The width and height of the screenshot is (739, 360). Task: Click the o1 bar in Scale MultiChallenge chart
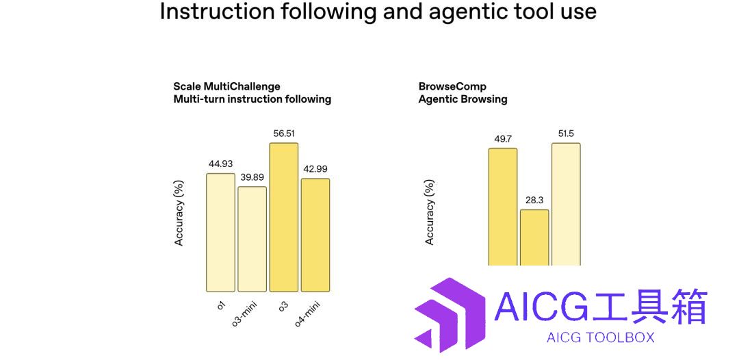click(220, 232)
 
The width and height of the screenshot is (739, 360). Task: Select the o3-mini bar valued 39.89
click(252, 239)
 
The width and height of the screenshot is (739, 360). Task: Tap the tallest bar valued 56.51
click(284, 217)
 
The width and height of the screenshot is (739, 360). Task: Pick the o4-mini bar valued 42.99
click(315, 235)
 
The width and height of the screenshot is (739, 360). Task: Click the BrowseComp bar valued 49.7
click(503, 207)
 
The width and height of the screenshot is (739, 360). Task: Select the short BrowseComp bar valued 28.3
click(534, 237)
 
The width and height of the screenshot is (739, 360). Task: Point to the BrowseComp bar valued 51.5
click(566, 205)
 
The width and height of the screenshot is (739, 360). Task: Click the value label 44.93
click(220, 164)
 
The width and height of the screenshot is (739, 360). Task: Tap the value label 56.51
click(284, 133)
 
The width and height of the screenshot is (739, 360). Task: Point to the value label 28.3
click(535, 201)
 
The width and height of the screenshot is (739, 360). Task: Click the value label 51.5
click(566, 134)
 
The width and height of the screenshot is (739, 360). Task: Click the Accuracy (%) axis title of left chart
click(179, 213)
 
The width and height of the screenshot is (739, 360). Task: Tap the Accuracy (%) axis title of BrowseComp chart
click(430, 212)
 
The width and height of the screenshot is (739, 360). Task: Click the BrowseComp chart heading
click(463, 93)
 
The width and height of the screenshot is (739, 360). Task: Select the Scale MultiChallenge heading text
click(252, 93)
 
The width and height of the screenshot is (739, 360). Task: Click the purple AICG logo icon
click(450, 315)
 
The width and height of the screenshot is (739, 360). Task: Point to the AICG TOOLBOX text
click(601, 337)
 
